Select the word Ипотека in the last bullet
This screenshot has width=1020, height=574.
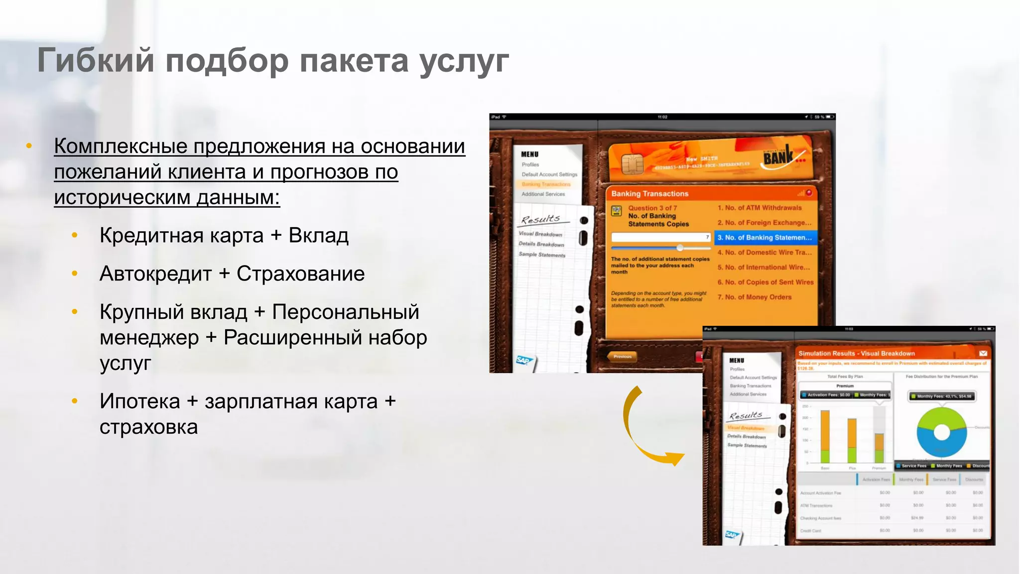139,401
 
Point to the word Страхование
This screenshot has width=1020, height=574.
300,274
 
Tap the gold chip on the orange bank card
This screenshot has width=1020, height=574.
632,163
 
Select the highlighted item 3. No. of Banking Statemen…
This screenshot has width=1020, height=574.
765,238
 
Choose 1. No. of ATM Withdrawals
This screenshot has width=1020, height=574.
760,208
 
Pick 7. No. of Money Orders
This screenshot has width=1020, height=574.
755,297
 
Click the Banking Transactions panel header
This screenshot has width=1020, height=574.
650,194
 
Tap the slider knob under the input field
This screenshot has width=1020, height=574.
680,248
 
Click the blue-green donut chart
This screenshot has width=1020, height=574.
941,432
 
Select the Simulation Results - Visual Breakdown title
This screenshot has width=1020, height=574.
857,353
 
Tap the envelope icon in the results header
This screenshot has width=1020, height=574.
983,353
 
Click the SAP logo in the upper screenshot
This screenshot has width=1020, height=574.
524,360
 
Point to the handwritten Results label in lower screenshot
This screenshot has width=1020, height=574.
746,416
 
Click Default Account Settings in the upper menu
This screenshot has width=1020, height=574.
549,174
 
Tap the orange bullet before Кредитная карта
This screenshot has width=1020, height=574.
75,235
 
